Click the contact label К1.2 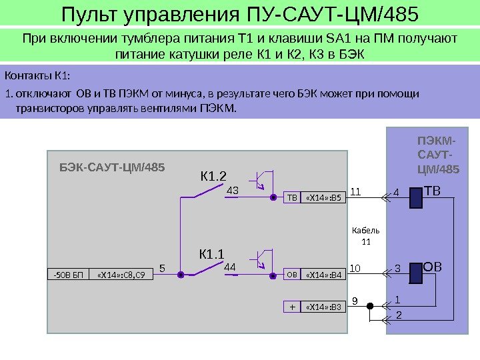pos(214,177)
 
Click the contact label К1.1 pos(212,253)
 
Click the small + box pos(292,307)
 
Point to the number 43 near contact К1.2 pos(233,191)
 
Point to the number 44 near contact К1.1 pos(230,267)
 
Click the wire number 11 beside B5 pos(355,191)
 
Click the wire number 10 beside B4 pos(355,268)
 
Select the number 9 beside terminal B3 pos(355,301)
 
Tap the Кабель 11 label pos(365,235)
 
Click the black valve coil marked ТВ pos(415,197)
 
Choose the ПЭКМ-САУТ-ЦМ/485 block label pos(437,155)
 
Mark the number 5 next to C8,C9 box pos(162,268)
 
